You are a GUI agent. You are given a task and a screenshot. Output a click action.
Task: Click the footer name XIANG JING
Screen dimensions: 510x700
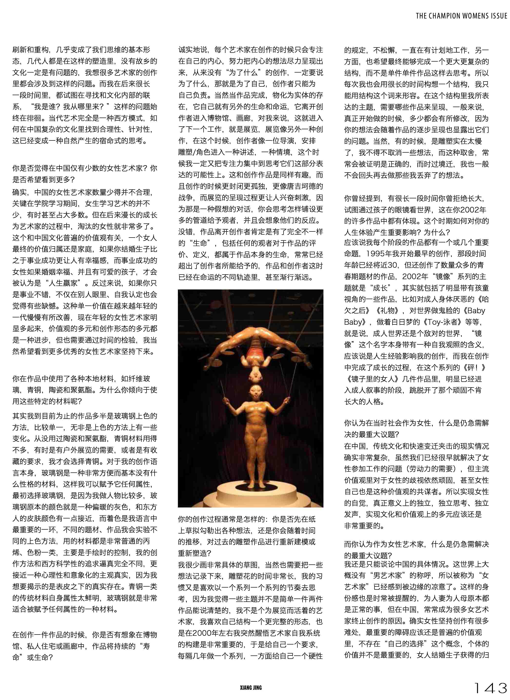pos(251,688)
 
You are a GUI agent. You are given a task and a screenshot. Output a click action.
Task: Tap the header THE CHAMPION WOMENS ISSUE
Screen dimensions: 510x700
pos(461,16)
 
